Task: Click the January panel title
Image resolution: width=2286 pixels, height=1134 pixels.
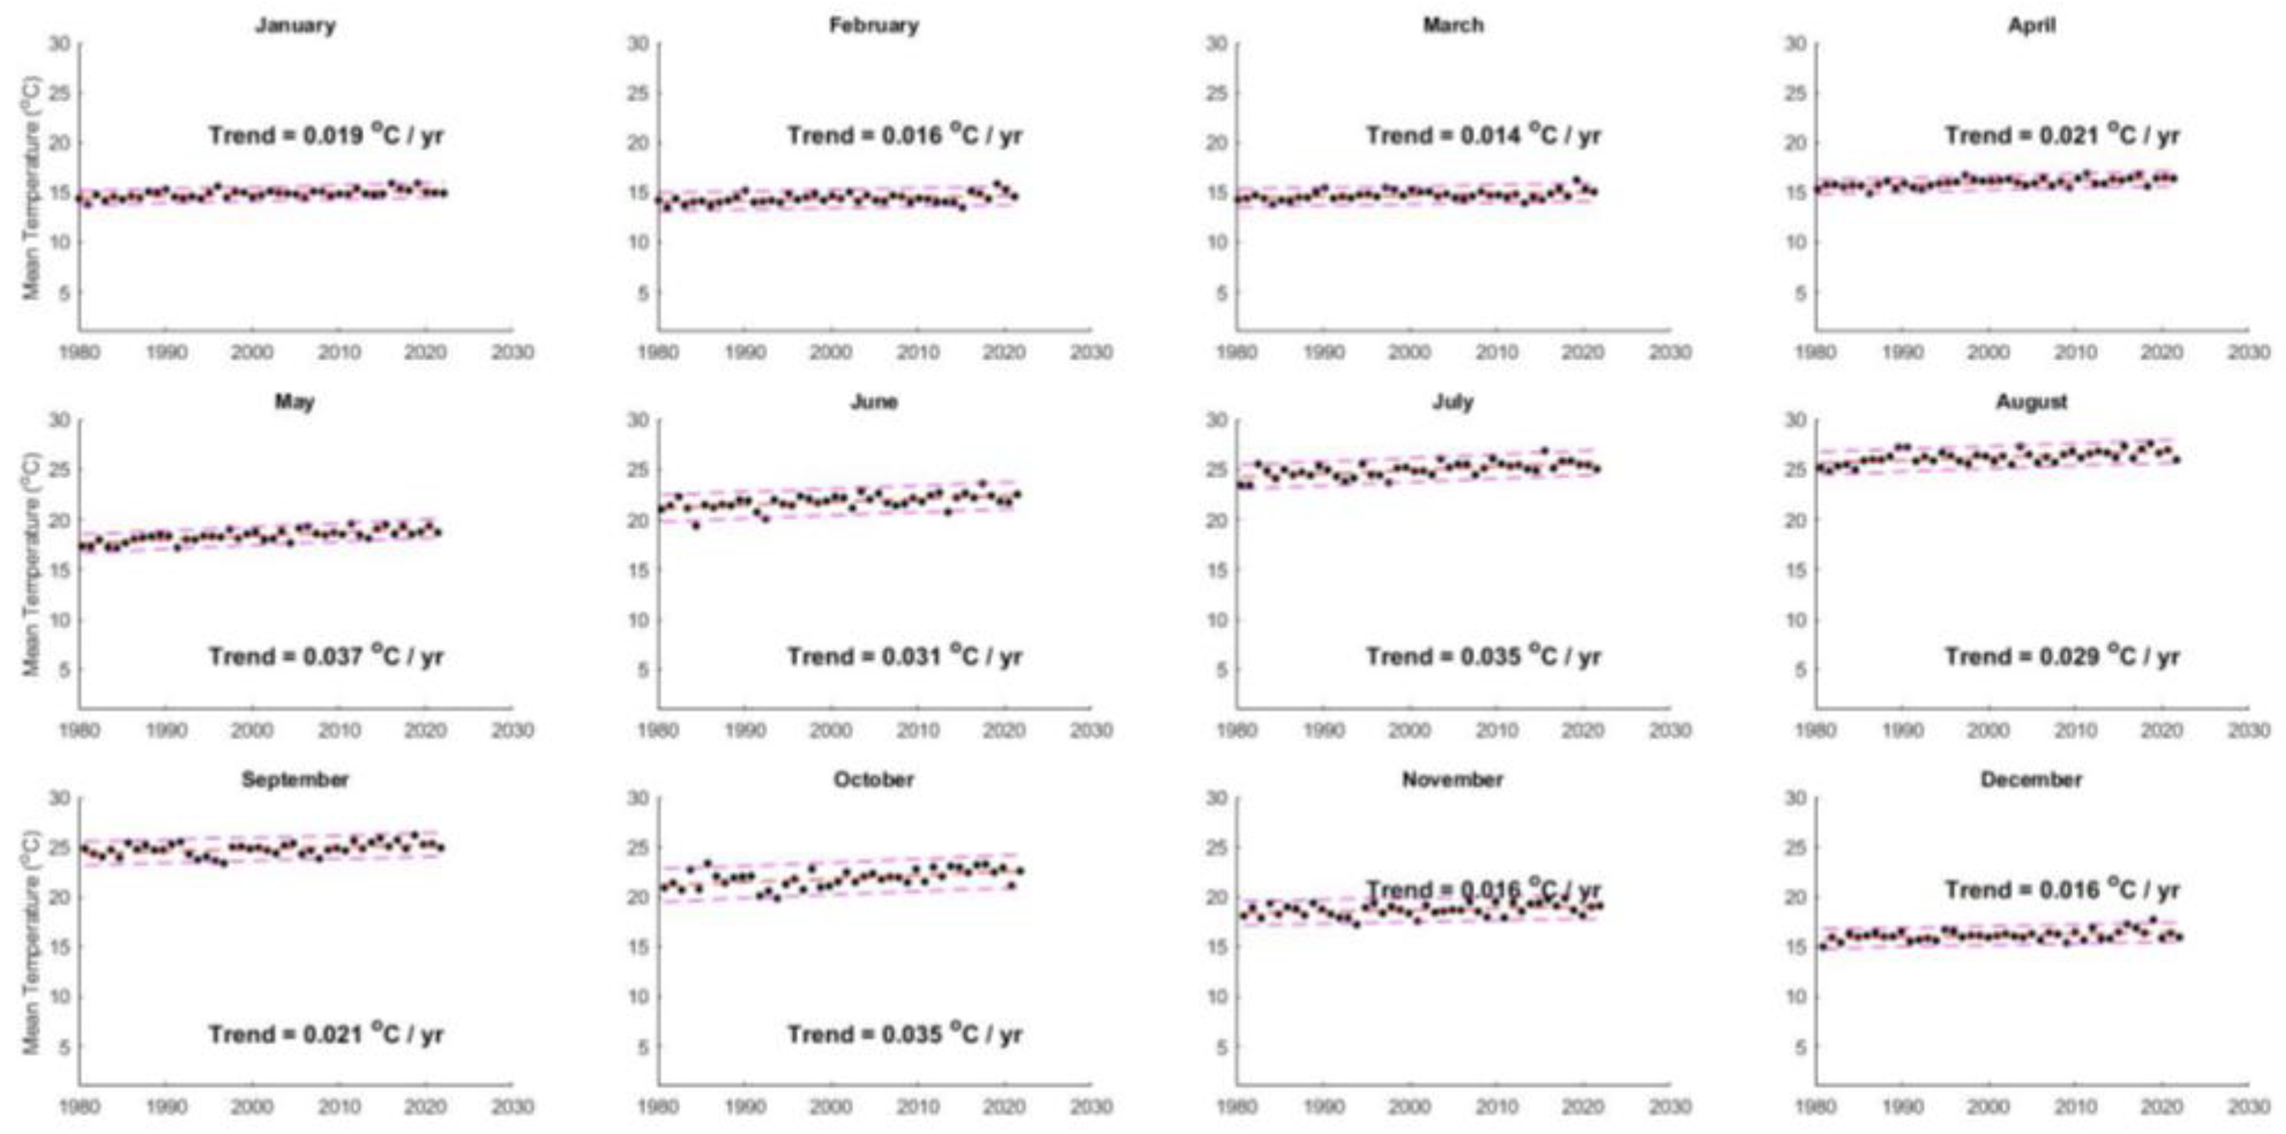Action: coord(295,25)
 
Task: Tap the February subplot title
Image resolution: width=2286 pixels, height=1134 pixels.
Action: coord(873,25)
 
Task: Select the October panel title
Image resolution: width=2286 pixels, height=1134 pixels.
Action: coord(873,779)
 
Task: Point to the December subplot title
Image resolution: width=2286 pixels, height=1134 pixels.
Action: coord(2031,779)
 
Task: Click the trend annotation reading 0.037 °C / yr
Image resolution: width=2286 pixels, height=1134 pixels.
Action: coord(325,656)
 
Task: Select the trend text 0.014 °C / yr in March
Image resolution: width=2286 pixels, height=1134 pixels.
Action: coord(1483,135)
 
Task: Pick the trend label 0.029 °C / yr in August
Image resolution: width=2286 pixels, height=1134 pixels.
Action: coord(2062,656)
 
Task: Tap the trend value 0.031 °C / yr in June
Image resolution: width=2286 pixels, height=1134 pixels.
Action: coord(904,656)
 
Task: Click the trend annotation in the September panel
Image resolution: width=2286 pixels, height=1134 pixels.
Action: coord(325,1034)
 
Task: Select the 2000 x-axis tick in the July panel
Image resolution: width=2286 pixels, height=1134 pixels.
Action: coord(1410,729)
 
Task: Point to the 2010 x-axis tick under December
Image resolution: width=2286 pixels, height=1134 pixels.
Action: coord(2075,1106)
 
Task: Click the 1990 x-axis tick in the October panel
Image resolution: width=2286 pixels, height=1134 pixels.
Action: coord(746,1106)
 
